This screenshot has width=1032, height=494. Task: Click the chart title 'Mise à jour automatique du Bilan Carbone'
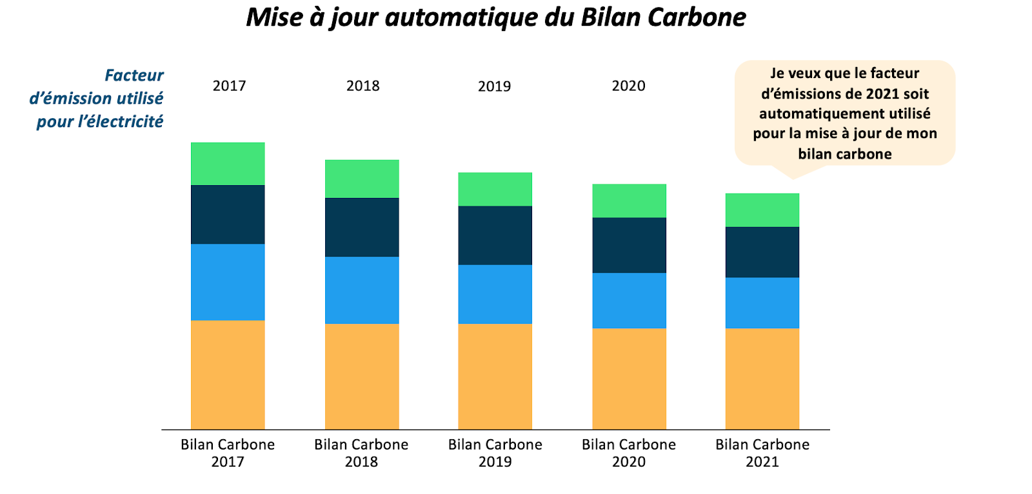tap(496, 17)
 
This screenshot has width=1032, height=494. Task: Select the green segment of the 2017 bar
tap(228, 164)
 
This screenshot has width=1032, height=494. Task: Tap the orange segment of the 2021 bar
tap(762, 379)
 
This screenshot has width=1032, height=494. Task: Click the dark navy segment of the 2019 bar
tap(495, 235)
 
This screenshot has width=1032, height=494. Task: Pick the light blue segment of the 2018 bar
tap(362, 290)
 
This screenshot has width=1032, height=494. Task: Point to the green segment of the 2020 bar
tap(630, 201)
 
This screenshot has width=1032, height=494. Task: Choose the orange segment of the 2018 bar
tap(362, 377)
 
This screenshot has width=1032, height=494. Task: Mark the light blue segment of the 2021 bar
tap(762, 302)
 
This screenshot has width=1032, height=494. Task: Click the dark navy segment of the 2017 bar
tap(228, 215)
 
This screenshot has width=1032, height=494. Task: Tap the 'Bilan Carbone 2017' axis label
tap(228, 453)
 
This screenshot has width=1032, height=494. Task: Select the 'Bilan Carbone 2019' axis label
tap(495, 453)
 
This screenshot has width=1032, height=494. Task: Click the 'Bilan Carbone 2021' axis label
tap(762, 453)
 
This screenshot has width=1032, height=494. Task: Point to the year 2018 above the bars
tap(363, 86)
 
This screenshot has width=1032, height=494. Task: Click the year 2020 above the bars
tap(628, 86)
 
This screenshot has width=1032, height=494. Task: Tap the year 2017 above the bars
tap(230, 86)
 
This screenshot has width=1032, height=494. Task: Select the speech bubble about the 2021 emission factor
tap(845, 114)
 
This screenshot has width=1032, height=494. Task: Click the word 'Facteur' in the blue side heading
tap(134, 75)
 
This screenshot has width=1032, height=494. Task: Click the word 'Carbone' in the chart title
tap(697, 17)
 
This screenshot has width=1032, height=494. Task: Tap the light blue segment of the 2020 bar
tap(630, 301)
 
